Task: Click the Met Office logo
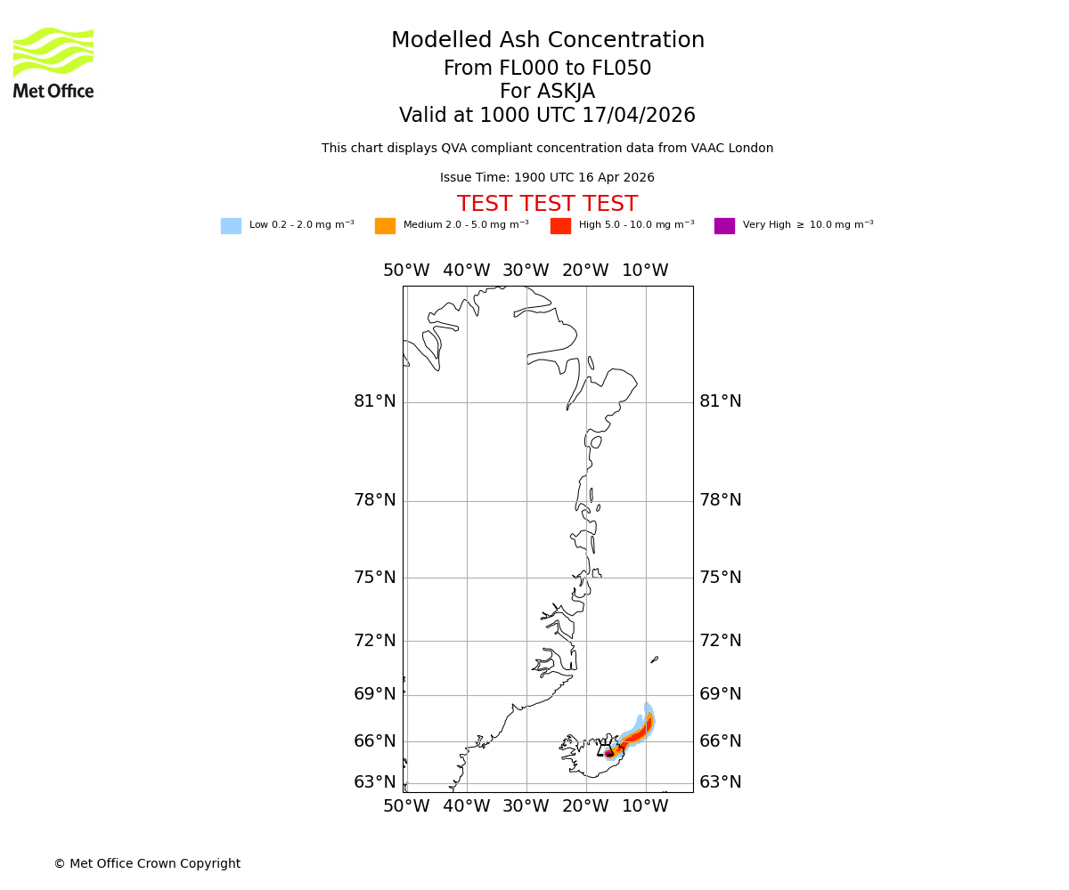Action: (53, 62)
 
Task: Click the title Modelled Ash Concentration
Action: (547, 41)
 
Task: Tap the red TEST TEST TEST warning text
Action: (547, 205)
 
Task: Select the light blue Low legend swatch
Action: (231, 226)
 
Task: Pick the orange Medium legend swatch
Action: (385, 226)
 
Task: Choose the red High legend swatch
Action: (560, 226)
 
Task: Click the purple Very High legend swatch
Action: (724, 226)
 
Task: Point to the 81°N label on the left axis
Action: (375, 401)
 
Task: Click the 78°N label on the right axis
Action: (720, 500)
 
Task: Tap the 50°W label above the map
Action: (406, 271)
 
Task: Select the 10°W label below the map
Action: (645, 806)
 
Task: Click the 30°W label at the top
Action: (526, 271)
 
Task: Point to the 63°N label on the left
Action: (375, 782)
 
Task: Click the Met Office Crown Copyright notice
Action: (147, 864)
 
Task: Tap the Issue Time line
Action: (547, 178)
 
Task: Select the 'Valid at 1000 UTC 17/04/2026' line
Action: (547, 116)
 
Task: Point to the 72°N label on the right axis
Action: (720, 641)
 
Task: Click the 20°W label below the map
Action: (585, 806)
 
